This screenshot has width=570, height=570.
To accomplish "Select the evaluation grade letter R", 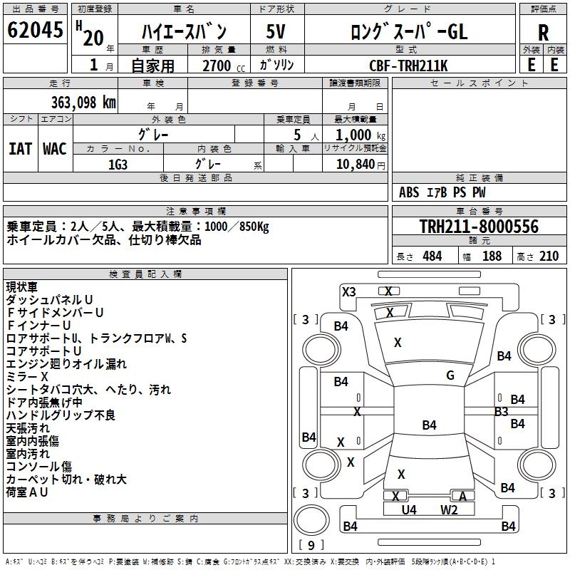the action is [x=543, y=33].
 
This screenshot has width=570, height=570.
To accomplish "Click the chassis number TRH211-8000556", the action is [x=478, y=227].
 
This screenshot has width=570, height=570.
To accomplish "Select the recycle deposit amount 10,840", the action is [x=354, y=164].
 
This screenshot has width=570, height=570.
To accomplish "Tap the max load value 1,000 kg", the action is [x=355, y=135].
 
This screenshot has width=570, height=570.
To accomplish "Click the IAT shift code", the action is [x=20, y=149].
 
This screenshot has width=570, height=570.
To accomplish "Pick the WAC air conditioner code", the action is [x=55, y=149].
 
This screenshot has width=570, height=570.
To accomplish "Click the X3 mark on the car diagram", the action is [x=349, y=291].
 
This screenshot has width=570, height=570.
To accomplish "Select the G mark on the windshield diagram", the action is [x=450, y=375].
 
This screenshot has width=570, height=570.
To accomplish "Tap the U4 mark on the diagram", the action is [x=408, y=509].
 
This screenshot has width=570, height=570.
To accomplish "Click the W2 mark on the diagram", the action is [x=449, y=509].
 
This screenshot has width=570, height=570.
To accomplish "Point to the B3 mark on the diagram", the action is [x=501, y=411].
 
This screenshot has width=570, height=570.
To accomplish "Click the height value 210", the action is [x=549, y=256].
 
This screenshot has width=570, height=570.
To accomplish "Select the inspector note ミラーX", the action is [x=27, y=376].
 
